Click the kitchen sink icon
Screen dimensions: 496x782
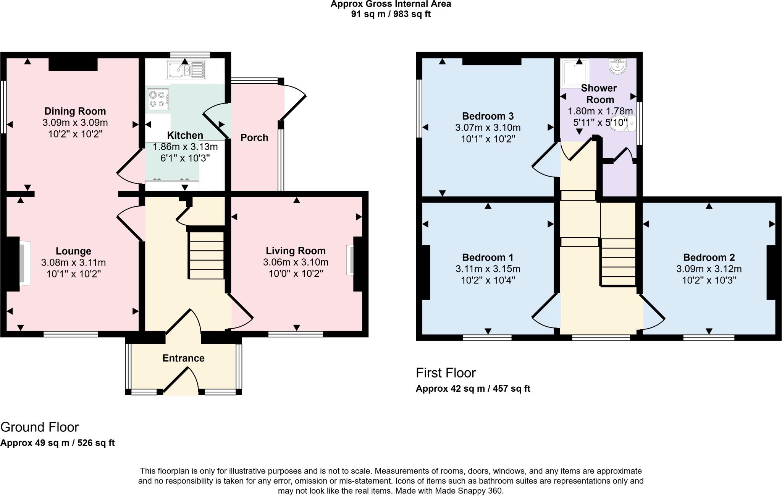pyautogui.click(x=186, y=70)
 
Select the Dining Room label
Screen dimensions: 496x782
pyautogui.click(x=75, y=111)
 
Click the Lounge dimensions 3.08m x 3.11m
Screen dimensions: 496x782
pyautogui.click(x=73, y=263)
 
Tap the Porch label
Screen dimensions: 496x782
pyautogui.click(x=254, y=138)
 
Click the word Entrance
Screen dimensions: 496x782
pyautogui.click(x=183, y=358)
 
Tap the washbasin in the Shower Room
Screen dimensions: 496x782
pyautogui.click(x=617, y=67)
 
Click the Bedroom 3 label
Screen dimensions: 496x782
pyautogui.click(x=488, y=116)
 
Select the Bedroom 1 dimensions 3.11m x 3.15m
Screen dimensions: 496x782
pyautogui.click(x=488, y=269)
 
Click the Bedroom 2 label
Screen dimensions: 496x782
pyautogui.click(x=709, y=258)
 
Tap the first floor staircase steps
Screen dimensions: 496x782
pyautogui.click(x=618, y=262)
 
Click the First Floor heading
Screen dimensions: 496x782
pyautogui.click(x=446, y=373)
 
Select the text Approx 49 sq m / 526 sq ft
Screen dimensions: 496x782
pyautogui.click(x=57, y=443)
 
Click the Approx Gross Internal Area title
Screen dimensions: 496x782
pyautogui.click(x=391, y=4)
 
